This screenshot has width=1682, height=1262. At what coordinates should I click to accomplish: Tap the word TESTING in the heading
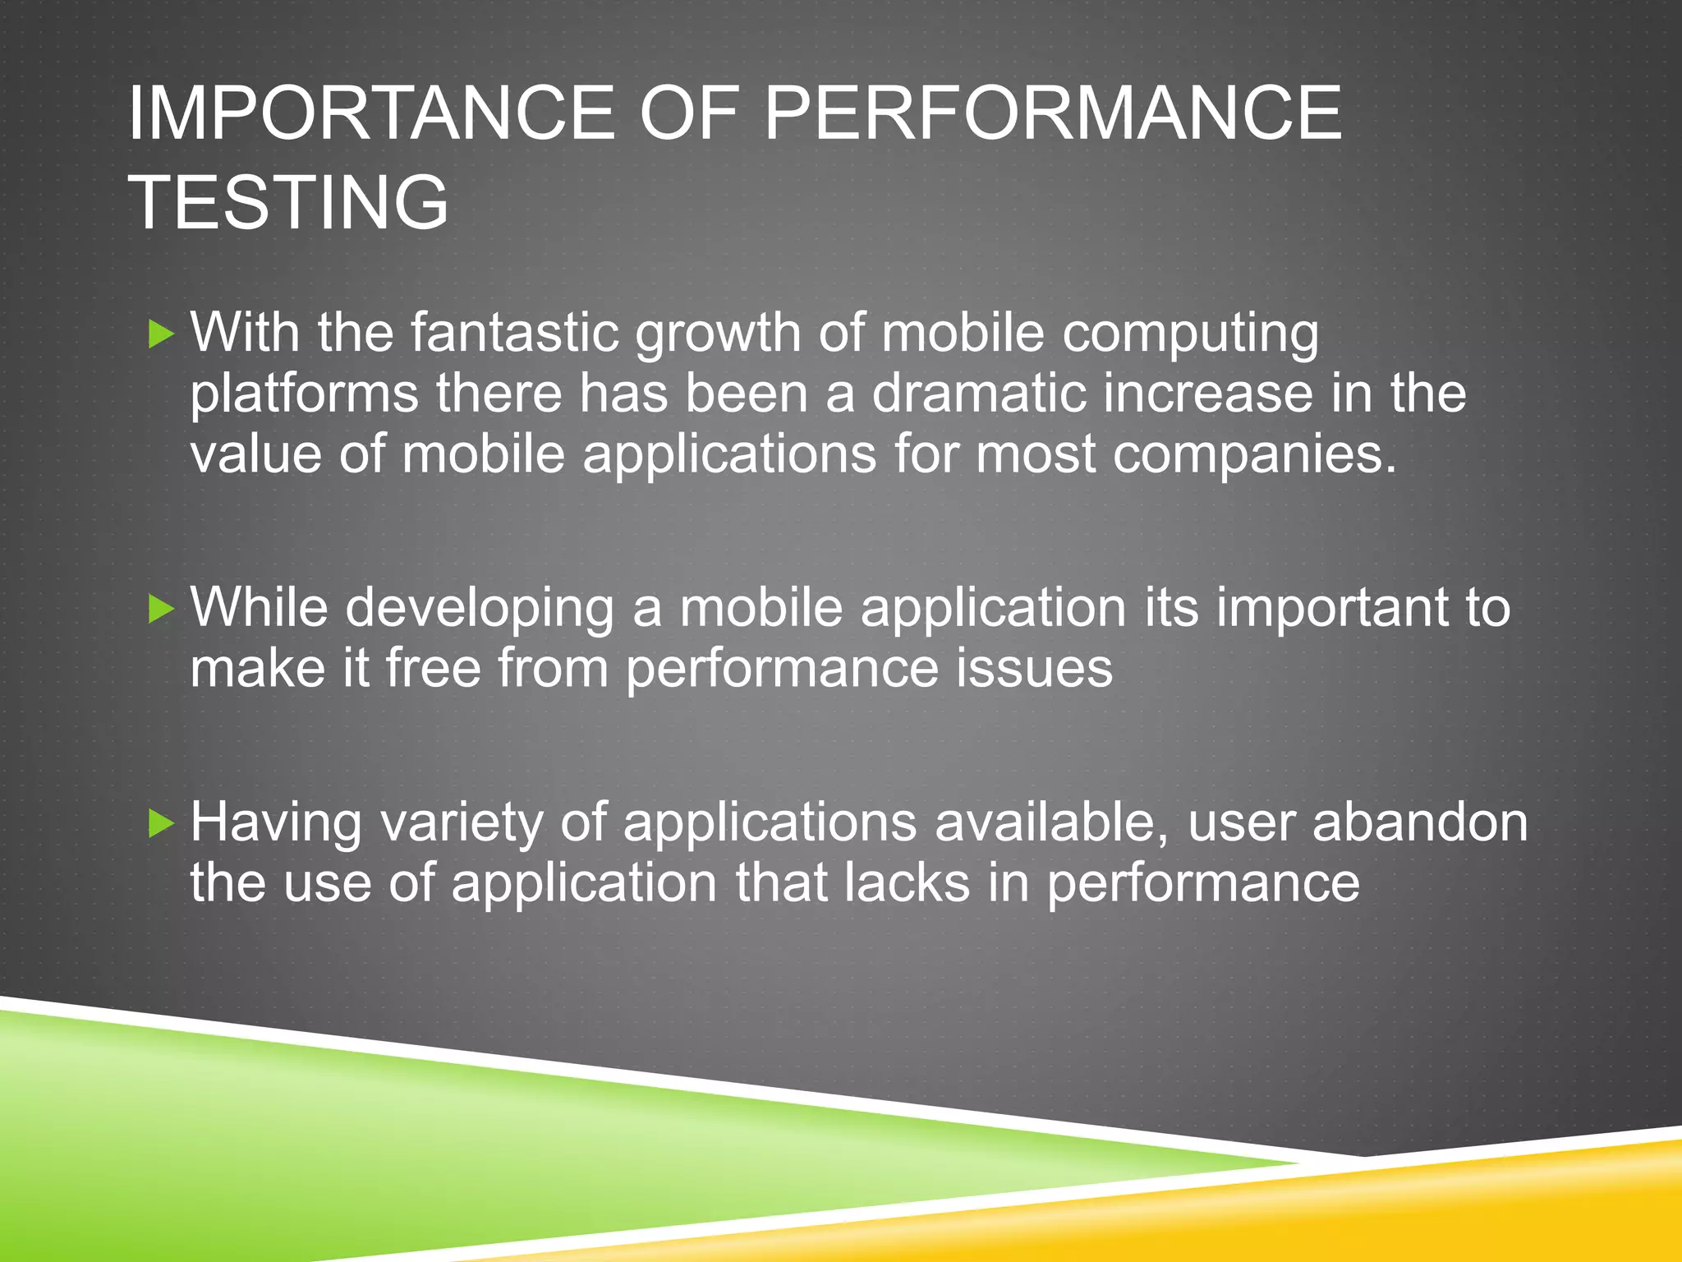(288, 202)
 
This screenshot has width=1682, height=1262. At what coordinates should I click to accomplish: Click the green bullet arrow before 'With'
(162, 334)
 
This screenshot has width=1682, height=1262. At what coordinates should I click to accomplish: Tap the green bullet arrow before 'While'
(162, 609)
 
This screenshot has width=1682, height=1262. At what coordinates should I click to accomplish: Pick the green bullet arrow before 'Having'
(162, 823)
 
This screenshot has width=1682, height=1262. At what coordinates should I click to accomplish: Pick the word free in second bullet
(433, 668)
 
